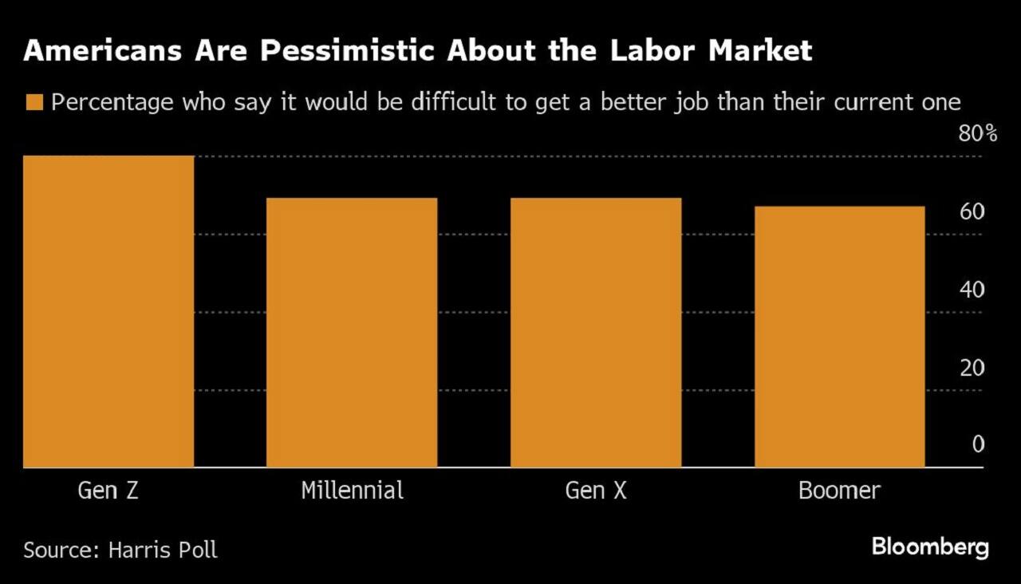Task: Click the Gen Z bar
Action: coord(108,311)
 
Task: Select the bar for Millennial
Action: coord(352,332)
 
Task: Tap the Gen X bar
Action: coord(596,332)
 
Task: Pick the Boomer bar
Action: coord(839,337)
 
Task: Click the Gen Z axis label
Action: coord(108,490)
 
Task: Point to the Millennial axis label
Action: coord(352,490)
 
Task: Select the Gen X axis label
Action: coord(596,490)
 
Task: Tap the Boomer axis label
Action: coord(839,490)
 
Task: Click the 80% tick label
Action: coord(977,133)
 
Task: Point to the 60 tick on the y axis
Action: coord(972,211)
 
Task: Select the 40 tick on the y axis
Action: coord(972,290)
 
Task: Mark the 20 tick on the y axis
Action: coord(972,368)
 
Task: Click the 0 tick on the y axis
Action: coord(978,445)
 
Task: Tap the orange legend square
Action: coord(34,103)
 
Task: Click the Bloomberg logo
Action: coord(930,547)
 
